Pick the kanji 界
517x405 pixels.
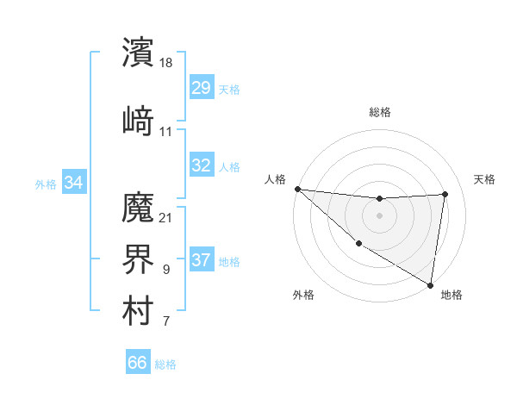pos(138,258)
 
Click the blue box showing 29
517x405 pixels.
pos(201,89)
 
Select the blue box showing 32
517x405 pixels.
pos(201,165)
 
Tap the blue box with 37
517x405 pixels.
pos(201,261)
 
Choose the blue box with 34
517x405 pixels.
pos(74,183)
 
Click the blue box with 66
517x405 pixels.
pos(137,363)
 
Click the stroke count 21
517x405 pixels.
pos(166,216)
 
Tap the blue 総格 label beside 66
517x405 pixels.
pos(165,364)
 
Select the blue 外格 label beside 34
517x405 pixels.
pos(46,184)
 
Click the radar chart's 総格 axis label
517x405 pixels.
pos(379,112)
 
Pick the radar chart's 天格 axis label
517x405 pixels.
pos(484,179)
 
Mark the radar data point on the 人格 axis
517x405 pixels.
pos(297,189)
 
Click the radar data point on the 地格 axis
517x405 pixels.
pos(430,284)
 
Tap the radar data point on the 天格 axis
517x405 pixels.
pos(445,194)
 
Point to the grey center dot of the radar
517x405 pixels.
pos(379,215)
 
